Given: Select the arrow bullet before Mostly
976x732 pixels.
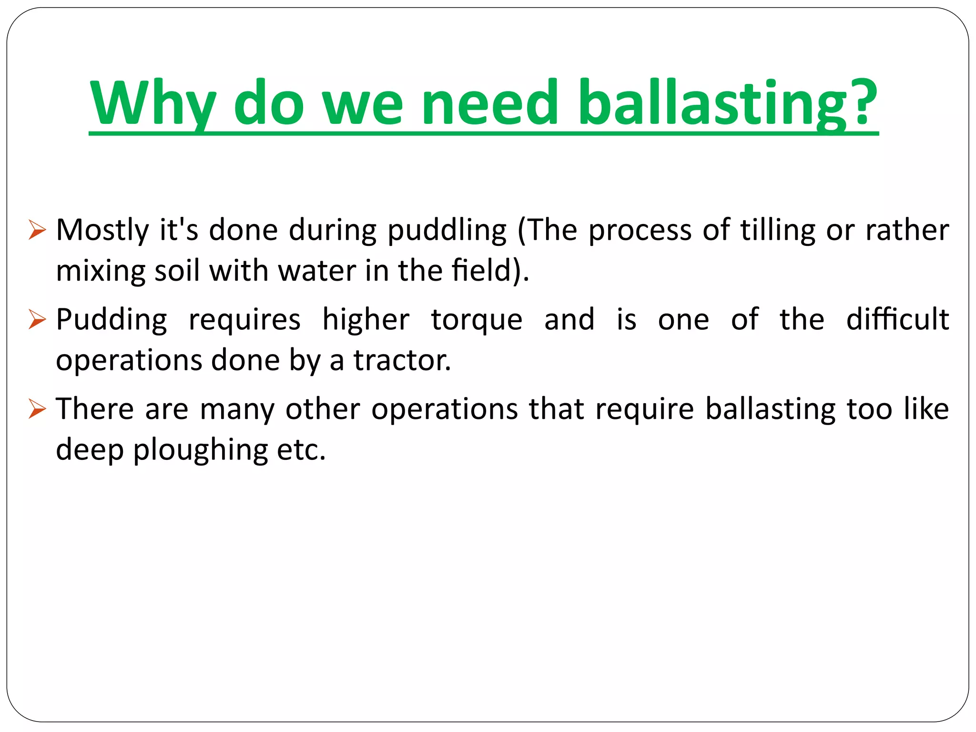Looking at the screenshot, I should [x=37, y=230].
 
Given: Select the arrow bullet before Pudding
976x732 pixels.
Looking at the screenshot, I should [x=37, y=319].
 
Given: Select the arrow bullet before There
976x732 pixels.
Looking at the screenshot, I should [x=37, y=409].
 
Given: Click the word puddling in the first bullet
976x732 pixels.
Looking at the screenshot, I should [x=447, y=231].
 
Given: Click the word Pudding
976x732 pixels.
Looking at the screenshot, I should [x=112, y=320].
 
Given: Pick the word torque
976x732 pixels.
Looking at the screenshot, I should [x=477, y=320].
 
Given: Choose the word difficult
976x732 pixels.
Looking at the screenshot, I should [x=897, y=319].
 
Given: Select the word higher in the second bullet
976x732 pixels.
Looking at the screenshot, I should [x=366, y=320].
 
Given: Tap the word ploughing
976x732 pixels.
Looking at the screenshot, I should [x=200, y=450].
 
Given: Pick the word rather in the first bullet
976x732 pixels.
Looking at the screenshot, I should [x=907, y=230].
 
